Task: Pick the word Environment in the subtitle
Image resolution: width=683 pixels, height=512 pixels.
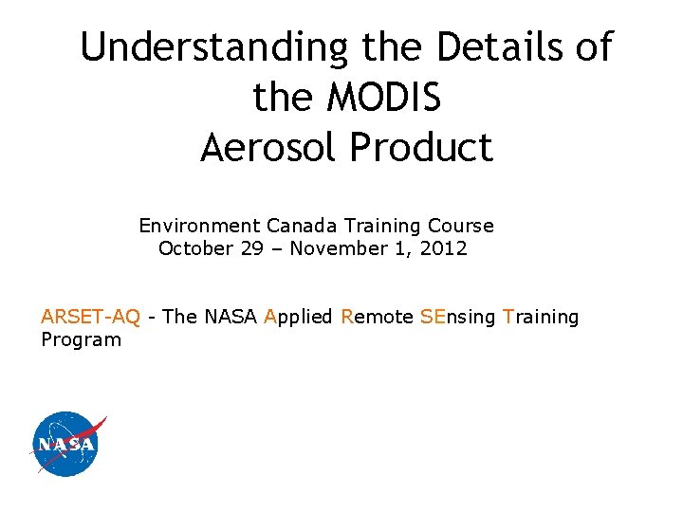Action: coord(199,226)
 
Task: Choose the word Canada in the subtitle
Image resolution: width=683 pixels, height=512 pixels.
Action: coord(302,226)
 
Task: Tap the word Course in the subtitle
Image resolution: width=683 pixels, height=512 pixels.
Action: coord(461,226)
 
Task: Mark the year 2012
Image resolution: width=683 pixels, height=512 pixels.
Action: coord(445,248)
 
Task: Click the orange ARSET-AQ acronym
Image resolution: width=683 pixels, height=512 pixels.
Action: coord(90,317)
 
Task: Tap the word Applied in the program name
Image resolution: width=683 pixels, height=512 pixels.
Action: coord(298,318)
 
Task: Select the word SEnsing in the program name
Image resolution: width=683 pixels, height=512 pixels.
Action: coord(457,318)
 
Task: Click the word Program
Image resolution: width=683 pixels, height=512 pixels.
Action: coord(81,340)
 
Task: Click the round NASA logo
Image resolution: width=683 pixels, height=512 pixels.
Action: coord(65,444)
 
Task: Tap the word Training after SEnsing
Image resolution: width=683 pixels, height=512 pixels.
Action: coord(541,318)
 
